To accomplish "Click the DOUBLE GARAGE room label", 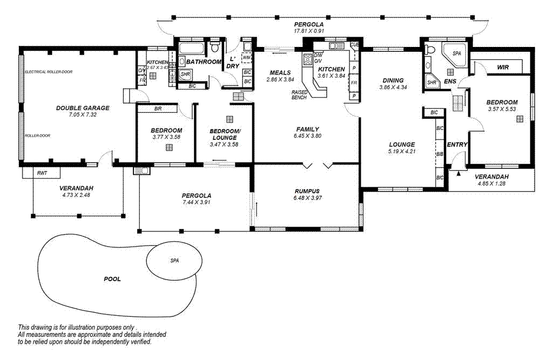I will coord(83,108).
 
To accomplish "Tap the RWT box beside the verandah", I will coord(41,173).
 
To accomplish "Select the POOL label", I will coord(112,279).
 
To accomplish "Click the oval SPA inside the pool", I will coord(174,261).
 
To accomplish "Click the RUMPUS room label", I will coord(307,191).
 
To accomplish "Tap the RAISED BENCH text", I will coord(299,94).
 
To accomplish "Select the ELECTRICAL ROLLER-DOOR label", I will coord(49,71).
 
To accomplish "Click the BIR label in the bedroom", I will coord(158,108).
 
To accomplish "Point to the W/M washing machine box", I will coord(247,57).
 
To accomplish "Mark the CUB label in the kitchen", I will coord(355,45).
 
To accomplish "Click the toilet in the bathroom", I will coord(215,49).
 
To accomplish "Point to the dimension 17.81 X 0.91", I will coord(309,31).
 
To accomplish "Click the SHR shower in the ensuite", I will coord(432,83).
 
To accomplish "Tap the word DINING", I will coord(393,80).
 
